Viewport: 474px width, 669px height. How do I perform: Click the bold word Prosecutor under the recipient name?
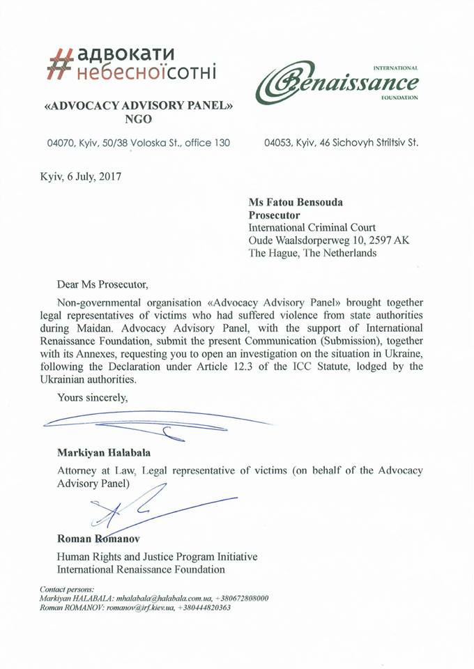pos(275,215)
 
